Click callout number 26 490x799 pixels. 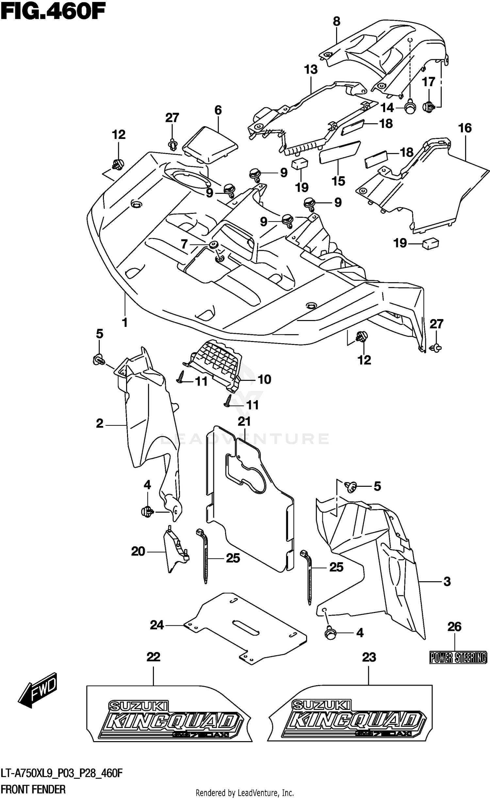click(x=454, y=627)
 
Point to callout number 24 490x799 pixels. click(x=157, y=625)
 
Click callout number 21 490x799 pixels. click(x=244, y=421)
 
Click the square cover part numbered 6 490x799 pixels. click(x=209, y=144)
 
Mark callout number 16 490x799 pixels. click(x=465, y=128)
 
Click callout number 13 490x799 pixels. click(x=311, y=69)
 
